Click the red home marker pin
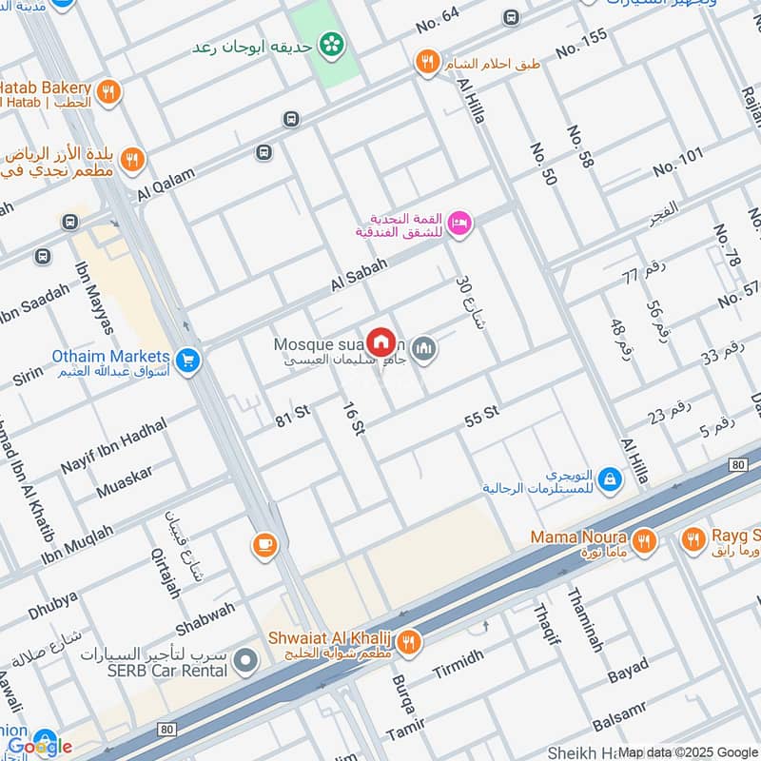click(x=380, y=341)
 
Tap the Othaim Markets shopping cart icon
click(x=188, y=360)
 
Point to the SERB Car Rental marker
click(x=247, y=659)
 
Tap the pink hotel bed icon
click(x=460, y=223)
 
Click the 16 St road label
click(x=354, y=418)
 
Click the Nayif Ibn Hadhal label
click(x=113, y=447)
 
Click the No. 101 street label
click(x=678, y=162)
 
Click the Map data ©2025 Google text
click(x=688, y=751)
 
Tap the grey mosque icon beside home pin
click(x=425, y=349)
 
